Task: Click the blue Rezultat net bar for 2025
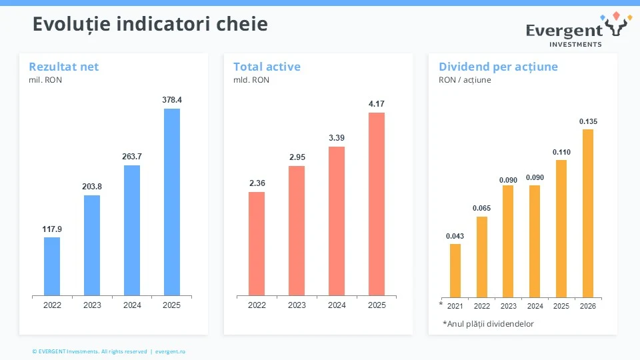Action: coord(172,201)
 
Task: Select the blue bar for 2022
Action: coord(52,266)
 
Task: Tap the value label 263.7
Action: coord(132,156)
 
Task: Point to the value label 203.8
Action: coord(92,186)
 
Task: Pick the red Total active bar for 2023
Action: coord(297,230)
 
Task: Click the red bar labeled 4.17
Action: coord(377,203)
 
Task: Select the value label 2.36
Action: coord(257,183)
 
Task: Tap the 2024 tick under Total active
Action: coord(337,305)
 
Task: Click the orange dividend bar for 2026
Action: coord(588,213)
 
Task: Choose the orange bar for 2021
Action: coord(455,270)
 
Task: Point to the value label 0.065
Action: coord(482,208)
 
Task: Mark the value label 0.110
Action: coord(561,152)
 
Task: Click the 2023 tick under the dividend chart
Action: coord(509,307)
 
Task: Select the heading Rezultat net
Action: coord(64,67)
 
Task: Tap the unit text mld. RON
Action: coord(251,80)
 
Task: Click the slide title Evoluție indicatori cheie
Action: coord(150,25)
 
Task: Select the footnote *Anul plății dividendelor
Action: coord(488,324)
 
